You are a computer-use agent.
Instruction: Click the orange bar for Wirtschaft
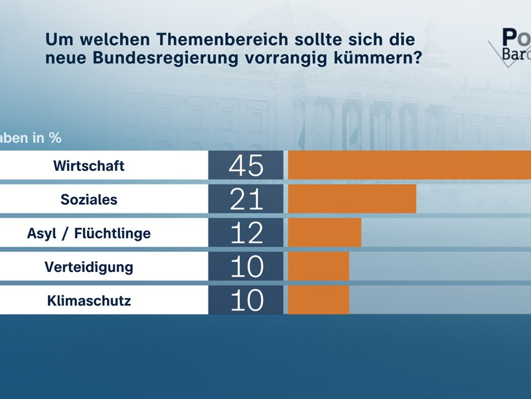[409, 165]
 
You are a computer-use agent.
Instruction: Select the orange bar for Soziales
[352, 199]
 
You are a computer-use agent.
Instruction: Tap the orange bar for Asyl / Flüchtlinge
[325, 233]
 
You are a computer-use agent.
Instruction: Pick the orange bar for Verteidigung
[319, 267]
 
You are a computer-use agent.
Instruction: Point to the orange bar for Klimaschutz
[319, 301]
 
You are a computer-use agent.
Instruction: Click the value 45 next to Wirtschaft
[246, 166]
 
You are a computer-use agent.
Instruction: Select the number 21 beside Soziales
[246, 199]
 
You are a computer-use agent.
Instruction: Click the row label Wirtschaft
[89, 166]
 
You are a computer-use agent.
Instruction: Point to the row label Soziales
[89, 199]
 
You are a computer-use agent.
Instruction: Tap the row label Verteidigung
[89, 267]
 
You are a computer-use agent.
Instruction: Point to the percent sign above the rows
[55, 138]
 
